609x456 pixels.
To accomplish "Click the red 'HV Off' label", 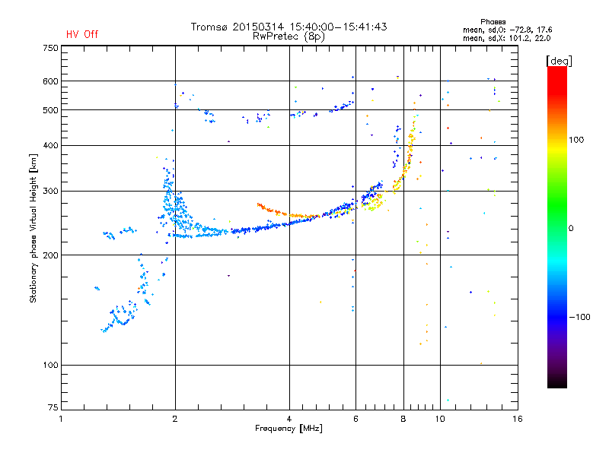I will tap(81, 34).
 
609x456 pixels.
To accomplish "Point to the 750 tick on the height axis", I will tap(50, 48).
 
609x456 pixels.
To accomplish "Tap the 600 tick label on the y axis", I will tap(50, 81).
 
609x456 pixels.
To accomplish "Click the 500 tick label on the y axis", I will tap(50, 110).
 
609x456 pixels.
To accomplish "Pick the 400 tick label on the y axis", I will tap(50, 145).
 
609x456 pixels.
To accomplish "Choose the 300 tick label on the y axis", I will tap(50, 191).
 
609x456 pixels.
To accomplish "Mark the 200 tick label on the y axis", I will tap(50, 255).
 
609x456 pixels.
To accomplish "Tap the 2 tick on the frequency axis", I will tap(175, 419).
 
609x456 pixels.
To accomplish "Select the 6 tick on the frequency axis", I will tap(356, 419).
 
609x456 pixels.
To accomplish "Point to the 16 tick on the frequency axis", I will tap(517, 419).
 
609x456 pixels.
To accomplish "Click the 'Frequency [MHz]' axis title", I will tap(289, 429).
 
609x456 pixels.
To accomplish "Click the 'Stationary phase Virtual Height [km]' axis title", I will tap(33, 229).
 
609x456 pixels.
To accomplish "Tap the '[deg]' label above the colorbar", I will tap(559, 59).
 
